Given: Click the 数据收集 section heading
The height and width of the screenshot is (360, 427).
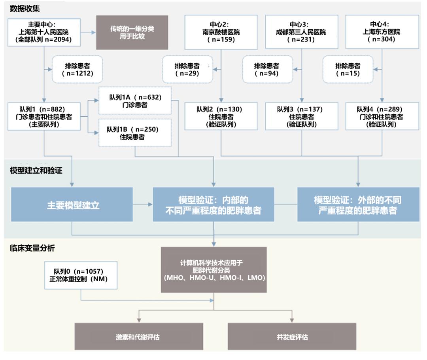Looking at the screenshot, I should (x=25, y=8).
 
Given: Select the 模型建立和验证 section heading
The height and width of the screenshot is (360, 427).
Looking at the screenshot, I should (x=36, y=171).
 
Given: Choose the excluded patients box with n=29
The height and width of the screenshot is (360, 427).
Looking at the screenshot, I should (x=187, y=69).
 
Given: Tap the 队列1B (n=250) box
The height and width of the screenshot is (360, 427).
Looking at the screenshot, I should (x=135, y=133).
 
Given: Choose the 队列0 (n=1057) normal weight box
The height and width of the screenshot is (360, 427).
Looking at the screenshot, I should (x=81, y=275).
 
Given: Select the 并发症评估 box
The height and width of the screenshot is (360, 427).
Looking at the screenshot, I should (x=292, y=337).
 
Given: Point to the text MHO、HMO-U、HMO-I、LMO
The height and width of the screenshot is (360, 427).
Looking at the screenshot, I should (x=214, y=278).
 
